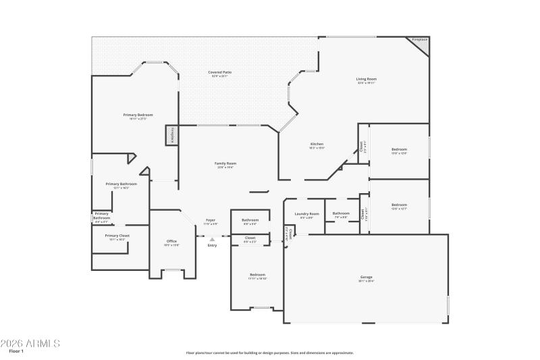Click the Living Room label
pyautogui.click(x=367, y=80)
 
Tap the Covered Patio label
pyautogui.click(x=219, y=72)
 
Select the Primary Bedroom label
pyautogui.click(x=138, y=115)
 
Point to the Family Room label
pyautogui.click(x=225, y=163)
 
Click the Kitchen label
pyautogui.click(x=317, y=144)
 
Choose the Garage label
pyautogui.click(x=367, y=277)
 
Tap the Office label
pyautogui.click(x=171, y=241)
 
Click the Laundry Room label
pyautogui.click(x=306, y=214)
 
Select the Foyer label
pyautogui.click(x=211, y=220)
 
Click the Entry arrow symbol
pyautogui.click(x=212, y=239)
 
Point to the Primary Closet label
pyautogui.click(x=117, y=236)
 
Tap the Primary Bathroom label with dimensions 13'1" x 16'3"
pyautogui.click(x=122, y=184)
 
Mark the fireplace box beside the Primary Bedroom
pyautogui.click(x=171, y=134)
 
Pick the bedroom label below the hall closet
pyautogui.click(x=257, y=275)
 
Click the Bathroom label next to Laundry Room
pyautogui.click(x=341, y=214)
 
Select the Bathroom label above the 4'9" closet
pyautogui.click(x=250, y=220)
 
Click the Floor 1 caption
pyautogui.click(x=16, y=352)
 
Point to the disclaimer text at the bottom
pyautogui.click(x=270, y=353)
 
